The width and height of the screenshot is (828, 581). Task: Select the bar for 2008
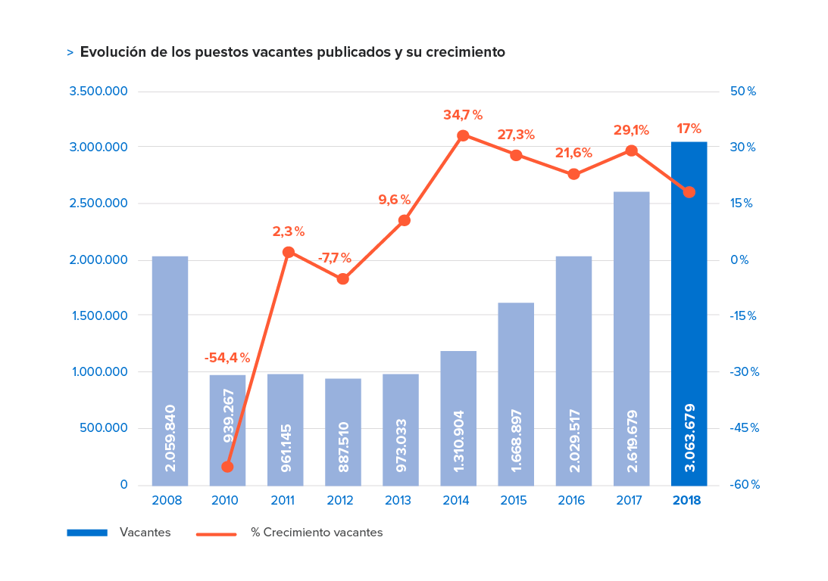point(170,370)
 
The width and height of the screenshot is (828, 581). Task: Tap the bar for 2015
point(516,393)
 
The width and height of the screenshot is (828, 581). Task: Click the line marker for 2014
point(463,135)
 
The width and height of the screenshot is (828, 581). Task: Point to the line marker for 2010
point(227,466)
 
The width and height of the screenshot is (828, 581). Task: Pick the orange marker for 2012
point(342,278)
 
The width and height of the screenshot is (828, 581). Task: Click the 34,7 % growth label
point(462,115)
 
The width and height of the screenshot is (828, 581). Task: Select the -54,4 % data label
point(227,358)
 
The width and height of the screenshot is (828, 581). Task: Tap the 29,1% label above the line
point(630,130)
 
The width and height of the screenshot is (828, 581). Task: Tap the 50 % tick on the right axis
point(743,92)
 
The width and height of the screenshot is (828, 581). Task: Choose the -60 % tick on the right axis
point(744,485)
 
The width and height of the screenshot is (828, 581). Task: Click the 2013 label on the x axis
point(401,501)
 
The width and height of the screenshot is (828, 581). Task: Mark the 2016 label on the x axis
point(573,501)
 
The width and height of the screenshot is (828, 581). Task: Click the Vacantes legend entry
point(145,533)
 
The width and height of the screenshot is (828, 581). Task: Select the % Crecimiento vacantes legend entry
point(316,533)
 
